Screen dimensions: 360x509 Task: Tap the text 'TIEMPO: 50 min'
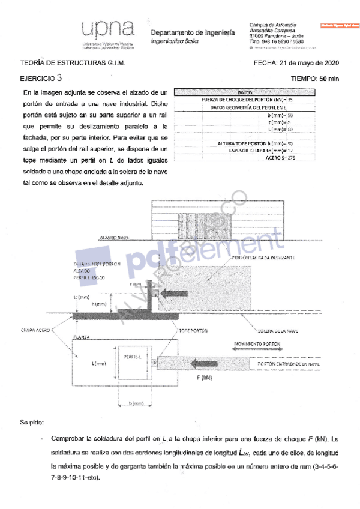pyautogui.click(x=314, y=78)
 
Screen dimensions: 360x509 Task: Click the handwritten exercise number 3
pyautogui.click(x=58, y=77)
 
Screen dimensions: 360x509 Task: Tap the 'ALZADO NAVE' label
pyautogui.click(x=116, y=238)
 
